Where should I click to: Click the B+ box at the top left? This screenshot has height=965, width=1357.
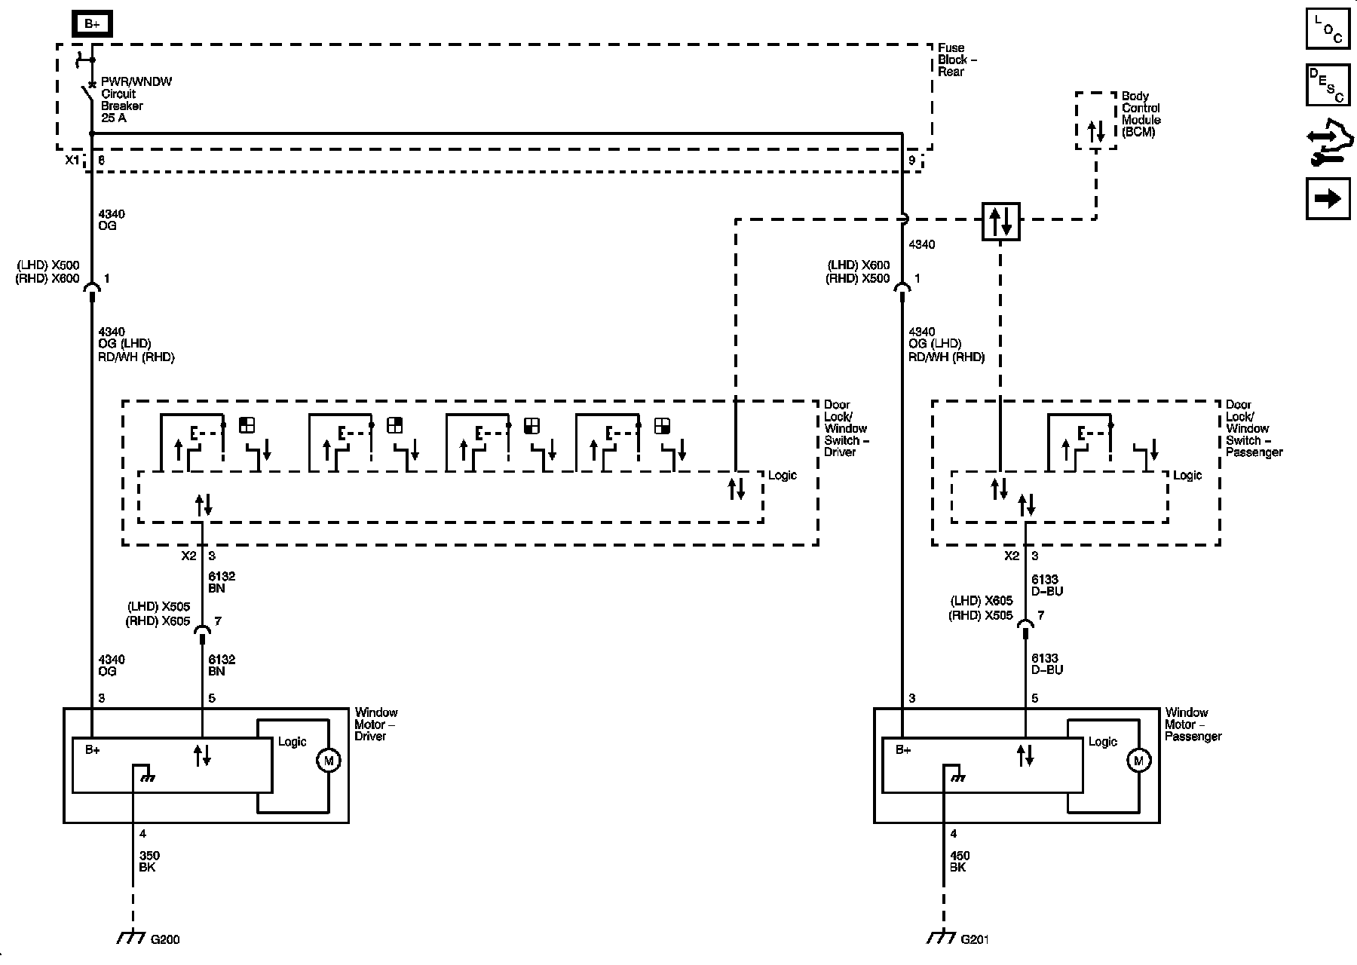coord(92,24)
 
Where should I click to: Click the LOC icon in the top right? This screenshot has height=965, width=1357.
coord(1328,29)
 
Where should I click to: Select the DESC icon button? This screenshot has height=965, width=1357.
coord(1328,84)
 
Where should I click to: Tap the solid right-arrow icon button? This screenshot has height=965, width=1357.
coord(1328,198)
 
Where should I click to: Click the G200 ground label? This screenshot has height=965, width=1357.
coord(165,939)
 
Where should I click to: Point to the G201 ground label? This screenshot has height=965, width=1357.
coord(975,939)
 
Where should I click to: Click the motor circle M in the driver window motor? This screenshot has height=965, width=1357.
coord(328,761)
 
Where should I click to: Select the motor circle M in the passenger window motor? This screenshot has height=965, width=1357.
coord(1138,761)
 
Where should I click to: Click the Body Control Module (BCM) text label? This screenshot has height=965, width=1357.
coord(1141,114)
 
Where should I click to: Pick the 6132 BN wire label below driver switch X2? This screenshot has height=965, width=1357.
coord(222,582)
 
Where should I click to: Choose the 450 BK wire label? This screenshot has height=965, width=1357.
coord(960,862)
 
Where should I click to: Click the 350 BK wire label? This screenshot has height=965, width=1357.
coord(149,862)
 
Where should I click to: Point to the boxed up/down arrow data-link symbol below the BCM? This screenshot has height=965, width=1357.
coord(1000,221)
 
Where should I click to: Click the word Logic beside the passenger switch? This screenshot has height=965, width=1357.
coord(1187,475)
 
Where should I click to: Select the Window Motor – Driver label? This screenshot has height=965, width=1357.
coord(375,724)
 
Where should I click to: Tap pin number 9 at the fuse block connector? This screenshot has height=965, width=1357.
coord(911,160)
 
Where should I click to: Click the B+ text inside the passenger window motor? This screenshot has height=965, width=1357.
coord(903,749)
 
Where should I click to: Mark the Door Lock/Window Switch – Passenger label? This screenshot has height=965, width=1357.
coord(1253,428)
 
